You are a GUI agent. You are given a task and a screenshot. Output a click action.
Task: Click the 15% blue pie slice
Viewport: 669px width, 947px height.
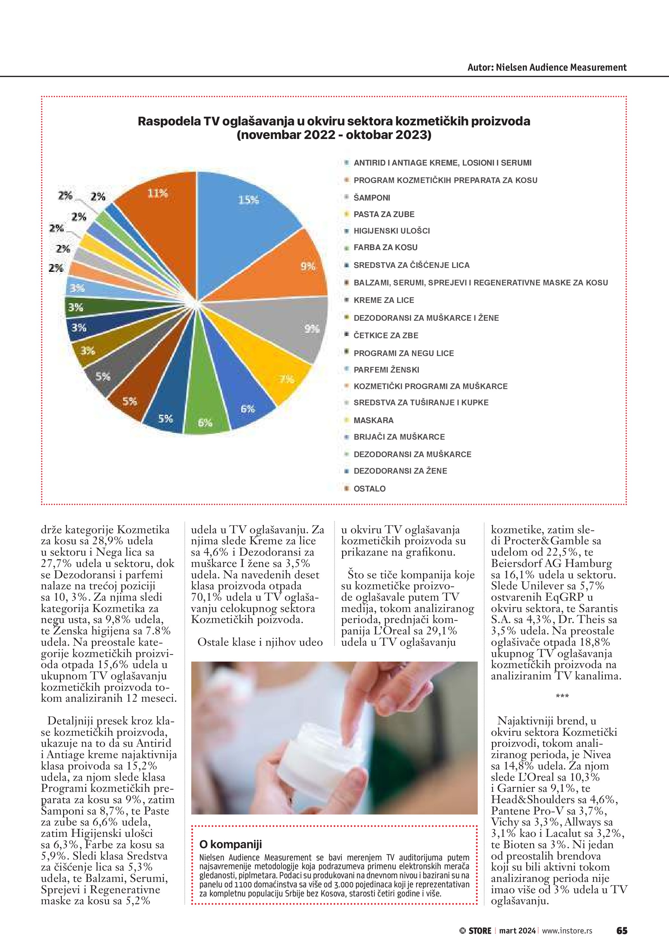tap(247, 206)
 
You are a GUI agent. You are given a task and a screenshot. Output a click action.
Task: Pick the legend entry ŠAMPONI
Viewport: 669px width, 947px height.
tap(372, 198)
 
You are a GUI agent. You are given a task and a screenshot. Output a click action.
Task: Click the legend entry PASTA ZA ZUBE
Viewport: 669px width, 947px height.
tap(384, 214)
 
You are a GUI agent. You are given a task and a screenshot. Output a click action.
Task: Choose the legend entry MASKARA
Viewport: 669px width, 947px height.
tap(373, 420)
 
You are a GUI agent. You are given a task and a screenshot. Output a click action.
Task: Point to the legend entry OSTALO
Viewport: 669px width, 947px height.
tap(370, 489)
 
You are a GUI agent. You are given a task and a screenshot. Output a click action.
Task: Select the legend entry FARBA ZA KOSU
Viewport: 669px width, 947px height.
tap(385, 248)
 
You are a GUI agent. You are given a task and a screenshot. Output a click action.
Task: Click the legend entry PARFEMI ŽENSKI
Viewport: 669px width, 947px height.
tap(386, 370)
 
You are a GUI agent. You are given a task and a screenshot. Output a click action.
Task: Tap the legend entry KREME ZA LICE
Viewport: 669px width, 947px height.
tap(384, 300)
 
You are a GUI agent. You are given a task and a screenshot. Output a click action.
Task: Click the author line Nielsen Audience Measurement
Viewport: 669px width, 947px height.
tap(547, 68)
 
